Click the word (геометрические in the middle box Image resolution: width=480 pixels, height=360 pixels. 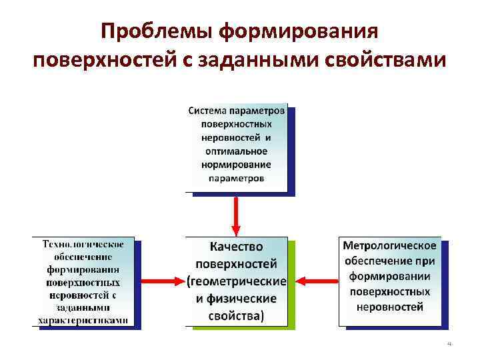tap(237, 281)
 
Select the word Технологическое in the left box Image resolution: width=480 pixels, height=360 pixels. tap(83, 245)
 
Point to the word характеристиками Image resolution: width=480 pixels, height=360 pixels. tap(83, 319)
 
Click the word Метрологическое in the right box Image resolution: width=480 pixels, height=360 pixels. tap(391, 246)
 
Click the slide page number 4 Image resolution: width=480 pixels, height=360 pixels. tap(449, 344)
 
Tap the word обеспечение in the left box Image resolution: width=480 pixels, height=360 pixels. tap(83, 257)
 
